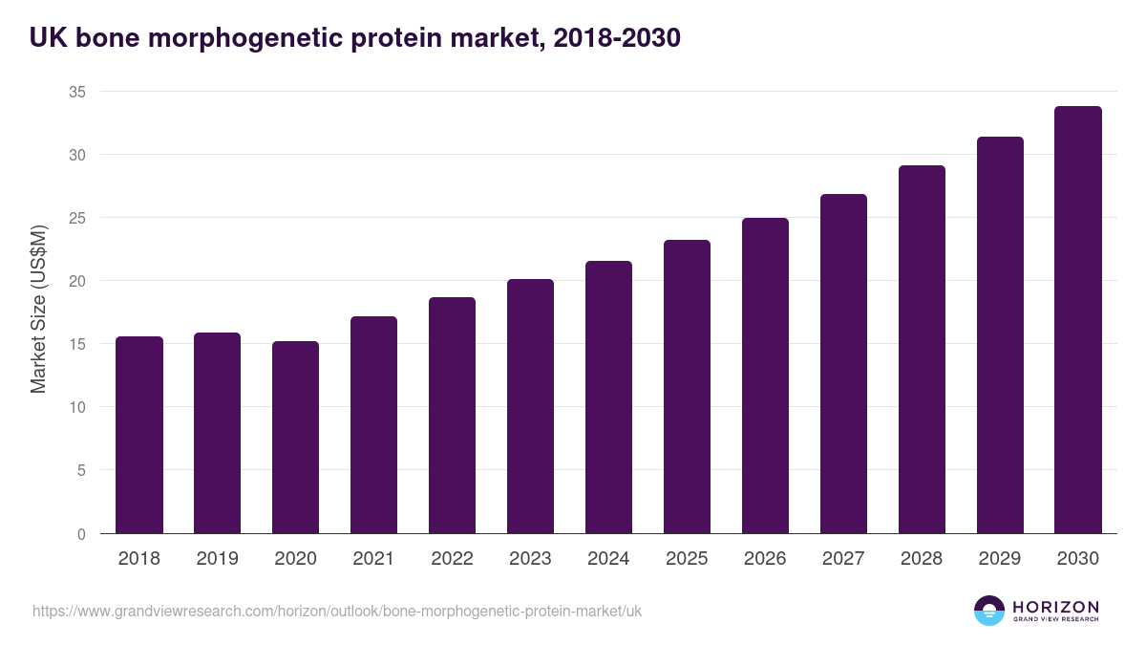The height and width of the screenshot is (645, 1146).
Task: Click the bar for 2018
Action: pos(139,435)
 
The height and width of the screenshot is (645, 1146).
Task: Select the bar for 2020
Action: pos(296,438)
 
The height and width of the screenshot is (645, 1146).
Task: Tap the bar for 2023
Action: pos(530,406)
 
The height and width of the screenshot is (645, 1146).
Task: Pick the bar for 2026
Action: pos(765,376)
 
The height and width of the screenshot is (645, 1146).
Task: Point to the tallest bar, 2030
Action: pos(1078,320)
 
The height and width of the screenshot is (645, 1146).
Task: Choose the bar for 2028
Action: pos(922,350)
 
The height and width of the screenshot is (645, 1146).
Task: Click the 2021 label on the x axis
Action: pos(373,558)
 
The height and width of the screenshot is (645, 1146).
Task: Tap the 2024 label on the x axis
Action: pos(608,558)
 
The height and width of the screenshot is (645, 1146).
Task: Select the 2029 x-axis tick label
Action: pos(1000,558)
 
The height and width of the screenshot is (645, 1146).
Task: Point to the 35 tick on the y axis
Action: pos(77,92)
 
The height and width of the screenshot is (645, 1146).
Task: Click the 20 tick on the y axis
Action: pos(77,281)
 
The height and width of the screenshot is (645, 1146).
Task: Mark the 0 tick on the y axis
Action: pos(82,534)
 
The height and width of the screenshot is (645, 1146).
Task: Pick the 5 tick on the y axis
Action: pos(82,470)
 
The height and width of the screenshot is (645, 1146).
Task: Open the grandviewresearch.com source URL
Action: pos(337,611)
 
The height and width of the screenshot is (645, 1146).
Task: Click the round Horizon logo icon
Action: pos(988,611)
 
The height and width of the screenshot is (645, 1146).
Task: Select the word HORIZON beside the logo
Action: pos(1055,606)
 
